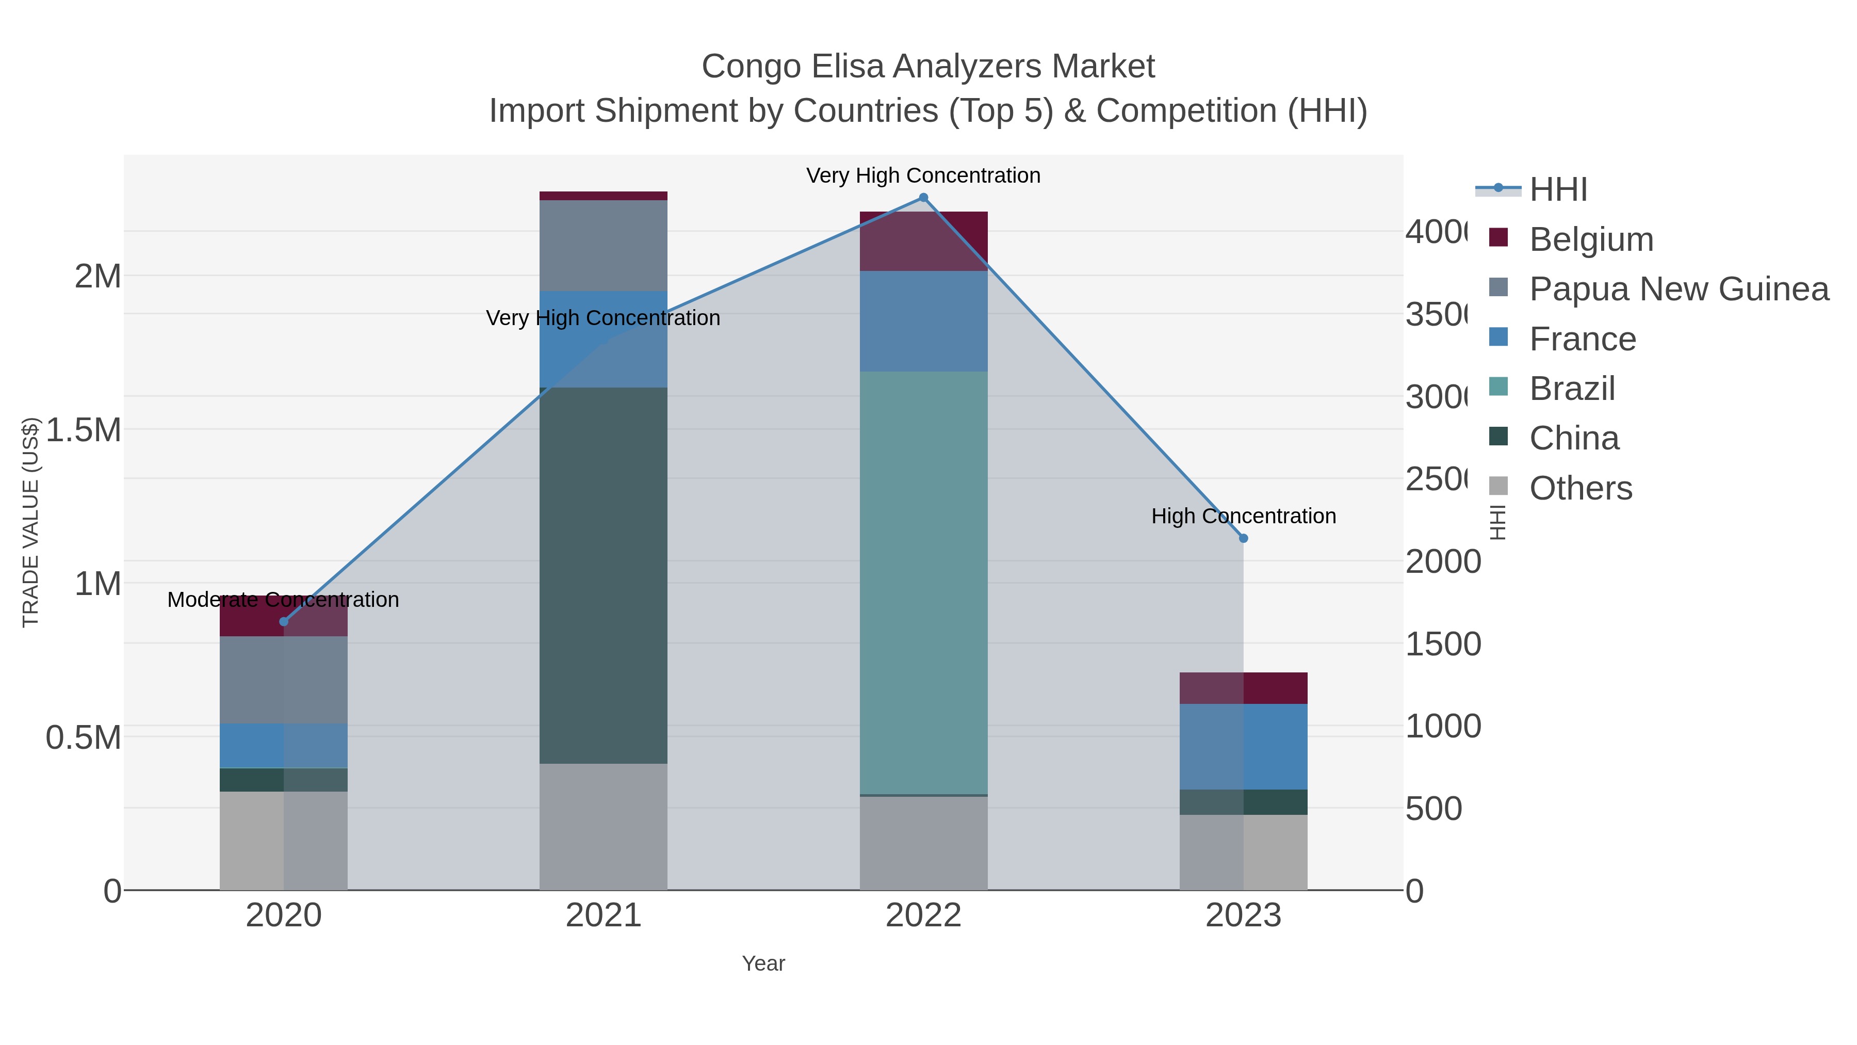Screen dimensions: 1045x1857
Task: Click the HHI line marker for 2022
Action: [923, 198]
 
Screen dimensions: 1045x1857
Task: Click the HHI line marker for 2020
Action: [283, 622]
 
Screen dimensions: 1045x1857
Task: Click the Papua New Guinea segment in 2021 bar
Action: [604, 245]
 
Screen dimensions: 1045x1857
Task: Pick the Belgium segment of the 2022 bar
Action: [923, 241]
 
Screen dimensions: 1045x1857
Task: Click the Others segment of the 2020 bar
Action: [283, 840]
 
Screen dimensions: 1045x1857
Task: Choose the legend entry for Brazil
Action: [1572, 389]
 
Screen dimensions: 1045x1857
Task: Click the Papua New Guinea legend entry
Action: [1678, 289]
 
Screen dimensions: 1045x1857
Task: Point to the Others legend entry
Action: [1580, 488]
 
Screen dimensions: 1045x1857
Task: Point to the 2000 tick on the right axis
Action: [1442, 562]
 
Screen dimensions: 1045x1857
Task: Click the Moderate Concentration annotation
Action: [283, 600]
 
